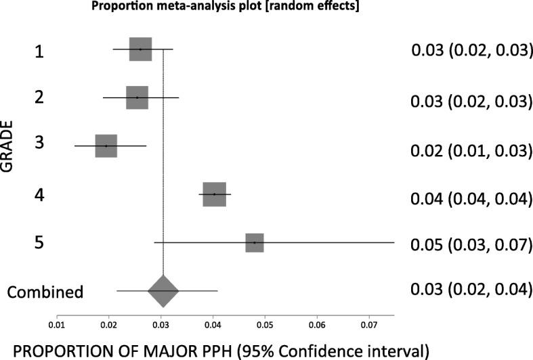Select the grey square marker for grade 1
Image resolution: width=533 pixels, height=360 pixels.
(140, 49)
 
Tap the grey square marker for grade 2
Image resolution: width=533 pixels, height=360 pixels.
(137, 97)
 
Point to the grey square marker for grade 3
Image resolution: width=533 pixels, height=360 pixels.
(106, 145)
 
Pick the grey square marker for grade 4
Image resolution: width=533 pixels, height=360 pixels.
(214, 194)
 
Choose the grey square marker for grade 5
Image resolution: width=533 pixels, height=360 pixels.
(255, 242)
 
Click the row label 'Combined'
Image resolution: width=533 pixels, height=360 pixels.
(45, 292)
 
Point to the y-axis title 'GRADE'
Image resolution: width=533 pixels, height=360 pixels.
(9, 145)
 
